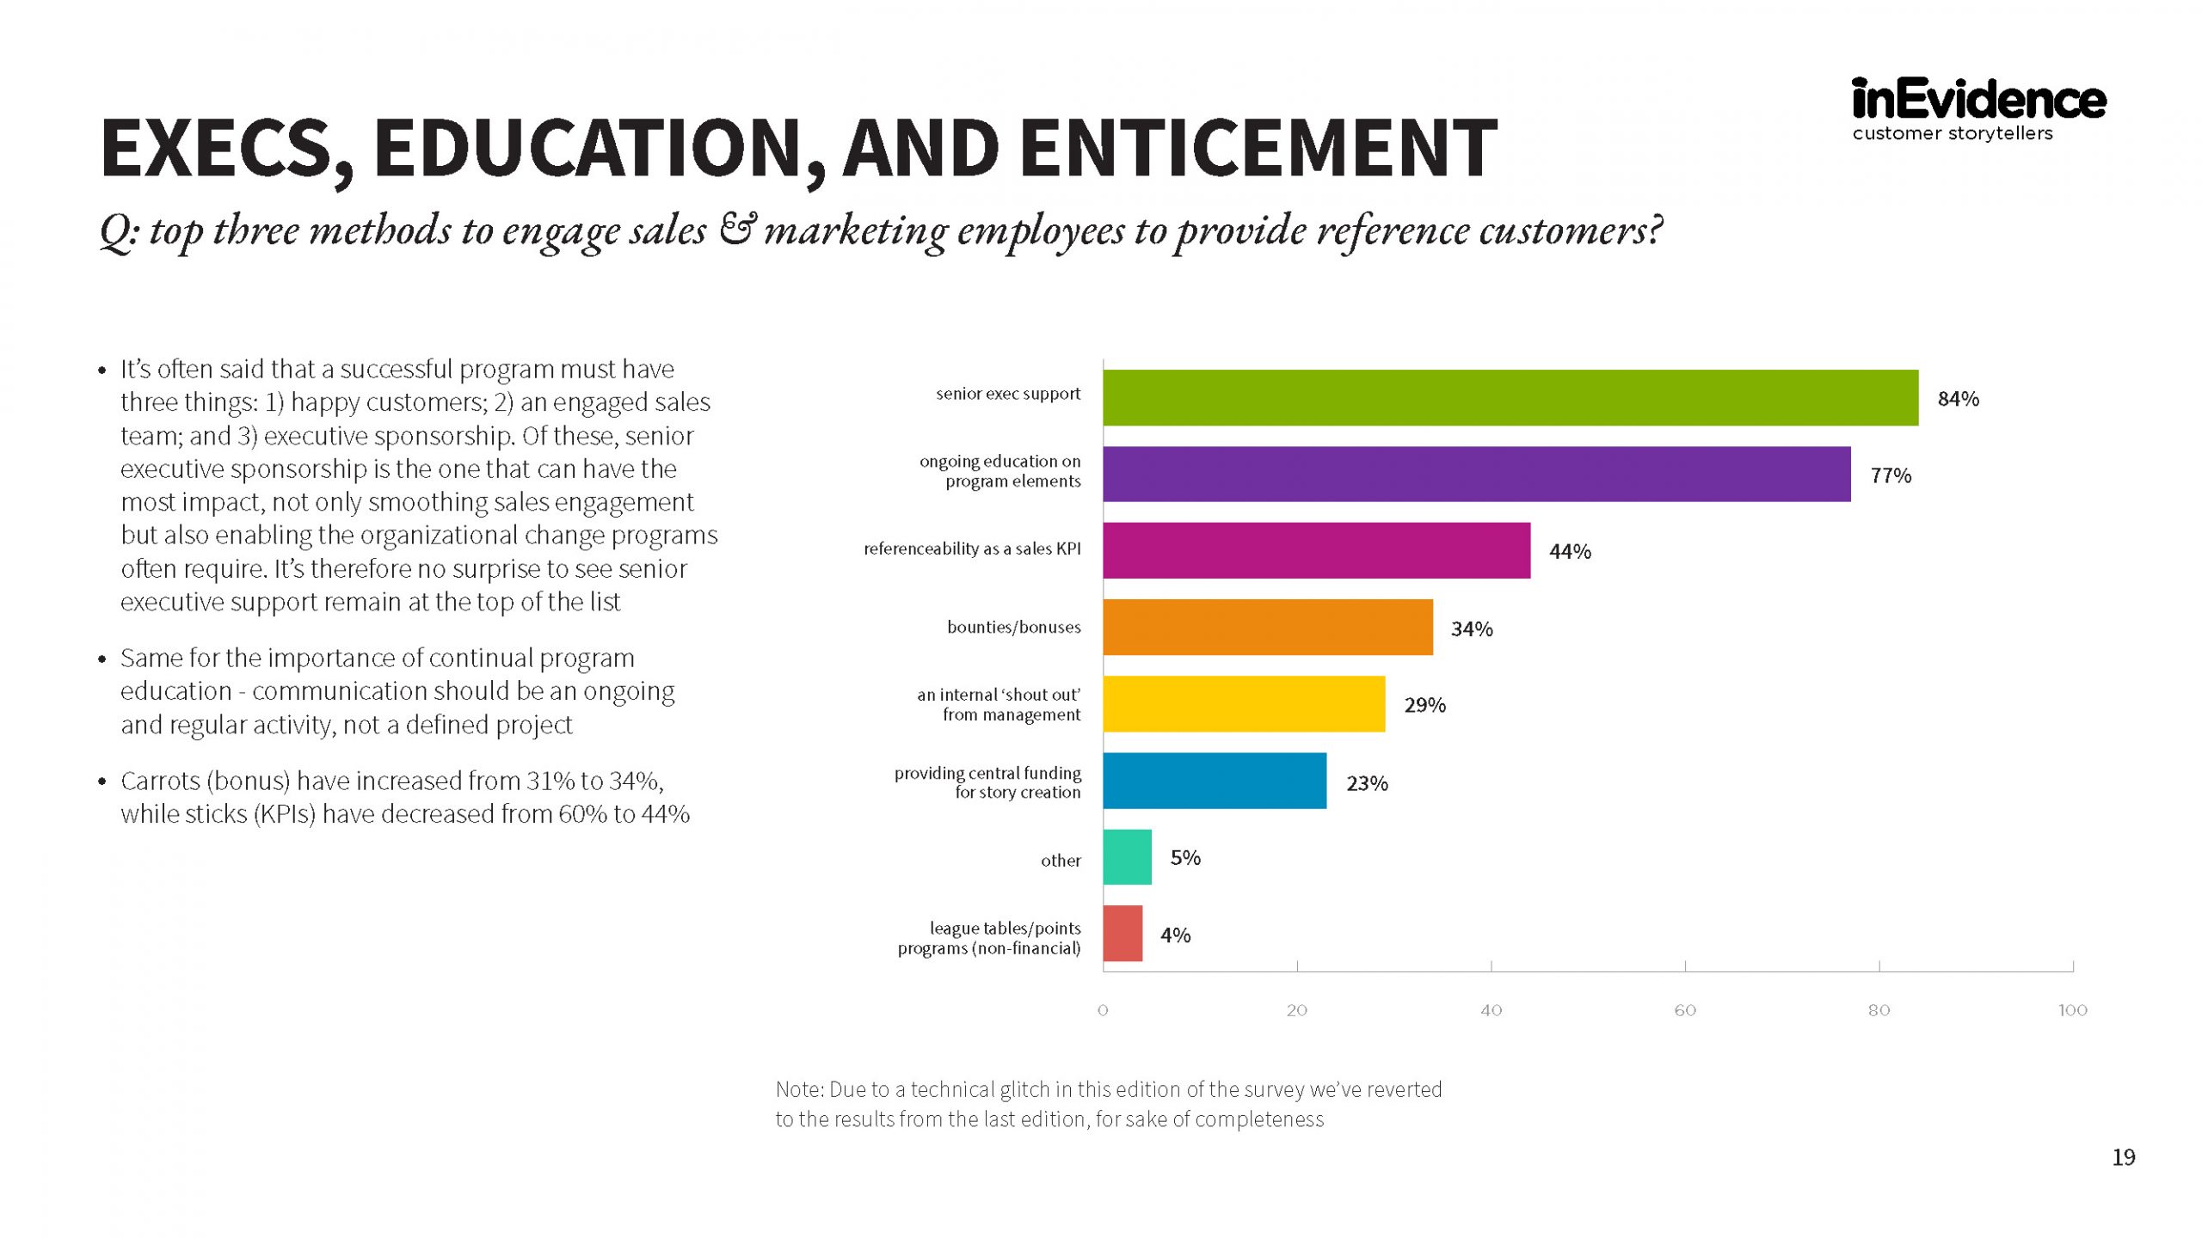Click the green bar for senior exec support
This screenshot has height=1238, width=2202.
click(x=1510, y=397)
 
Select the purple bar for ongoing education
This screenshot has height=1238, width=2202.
click(x=1476, y=474)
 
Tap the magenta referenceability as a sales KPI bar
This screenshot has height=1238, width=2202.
click(x=1316, y=550)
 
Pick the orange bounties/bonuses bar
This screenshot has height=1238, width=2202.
click(x=1268, y=628)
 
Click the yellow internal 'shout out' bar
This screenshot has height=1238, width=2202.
click(x=1244, y=704)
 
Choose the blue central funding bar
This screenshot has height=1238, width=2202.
click(x=1215, y=781)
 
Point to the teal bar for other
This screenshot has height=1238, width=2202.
click(x=1127, y=857)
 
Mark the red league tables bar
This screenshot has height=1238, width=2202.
click(x=1123, y=934)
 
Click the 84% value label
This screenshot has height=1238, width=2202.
click(x=1958, y=399)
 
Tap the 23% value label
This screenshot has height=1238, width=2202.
click(x=1367, y=783)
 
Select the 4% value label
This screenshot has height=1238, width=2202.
click(x=1175, y=935)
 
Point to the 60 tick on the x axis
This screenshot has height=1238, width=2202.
click(x=1684, y=1010)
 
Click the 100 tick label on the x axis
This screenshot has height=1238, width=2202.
click(x=2072, y=1010)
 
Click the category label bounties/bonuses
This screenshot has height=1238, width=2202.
click(x=1013, y=628)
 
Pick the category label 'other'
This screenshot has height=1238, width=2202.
click(x=1061, y=861)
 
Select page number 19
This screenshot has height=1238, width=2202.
click(x=2124, y=1158)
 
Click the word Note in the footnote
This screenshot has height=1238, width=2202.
click(x=799, y=1090)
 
